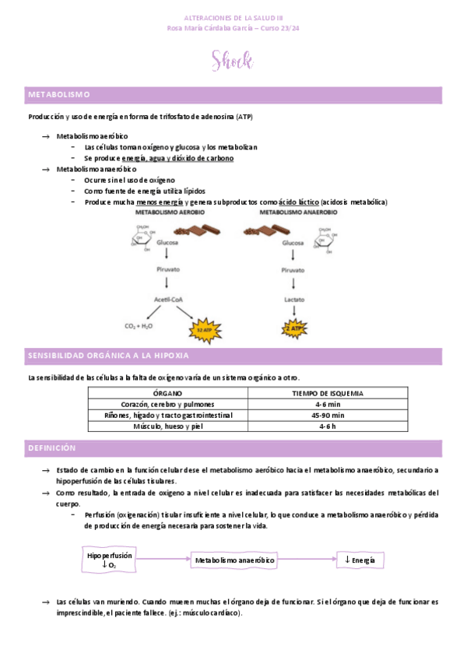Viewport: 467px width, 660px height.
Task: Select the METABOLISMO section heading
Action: [59, 95]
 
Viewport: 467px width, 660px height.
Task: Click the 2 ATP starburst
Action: [293, 328]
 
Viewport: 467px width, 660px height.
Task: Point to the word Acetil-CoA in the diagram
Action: [168, 299]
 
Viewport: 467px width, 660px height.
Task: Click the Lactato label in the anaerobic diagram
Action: [293, 299]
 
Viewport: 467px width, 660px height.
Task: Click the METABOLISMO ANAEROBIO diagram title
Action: [298, 212]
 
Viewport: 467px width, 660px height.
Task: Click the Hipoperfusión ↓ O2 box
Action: [110, 560]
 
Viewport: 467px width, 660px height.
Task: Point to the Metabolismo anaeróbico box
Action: [234, 560]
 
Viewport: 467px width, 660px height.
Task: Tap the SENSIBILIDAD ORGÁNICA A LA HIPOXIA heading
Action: [108, 356]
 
